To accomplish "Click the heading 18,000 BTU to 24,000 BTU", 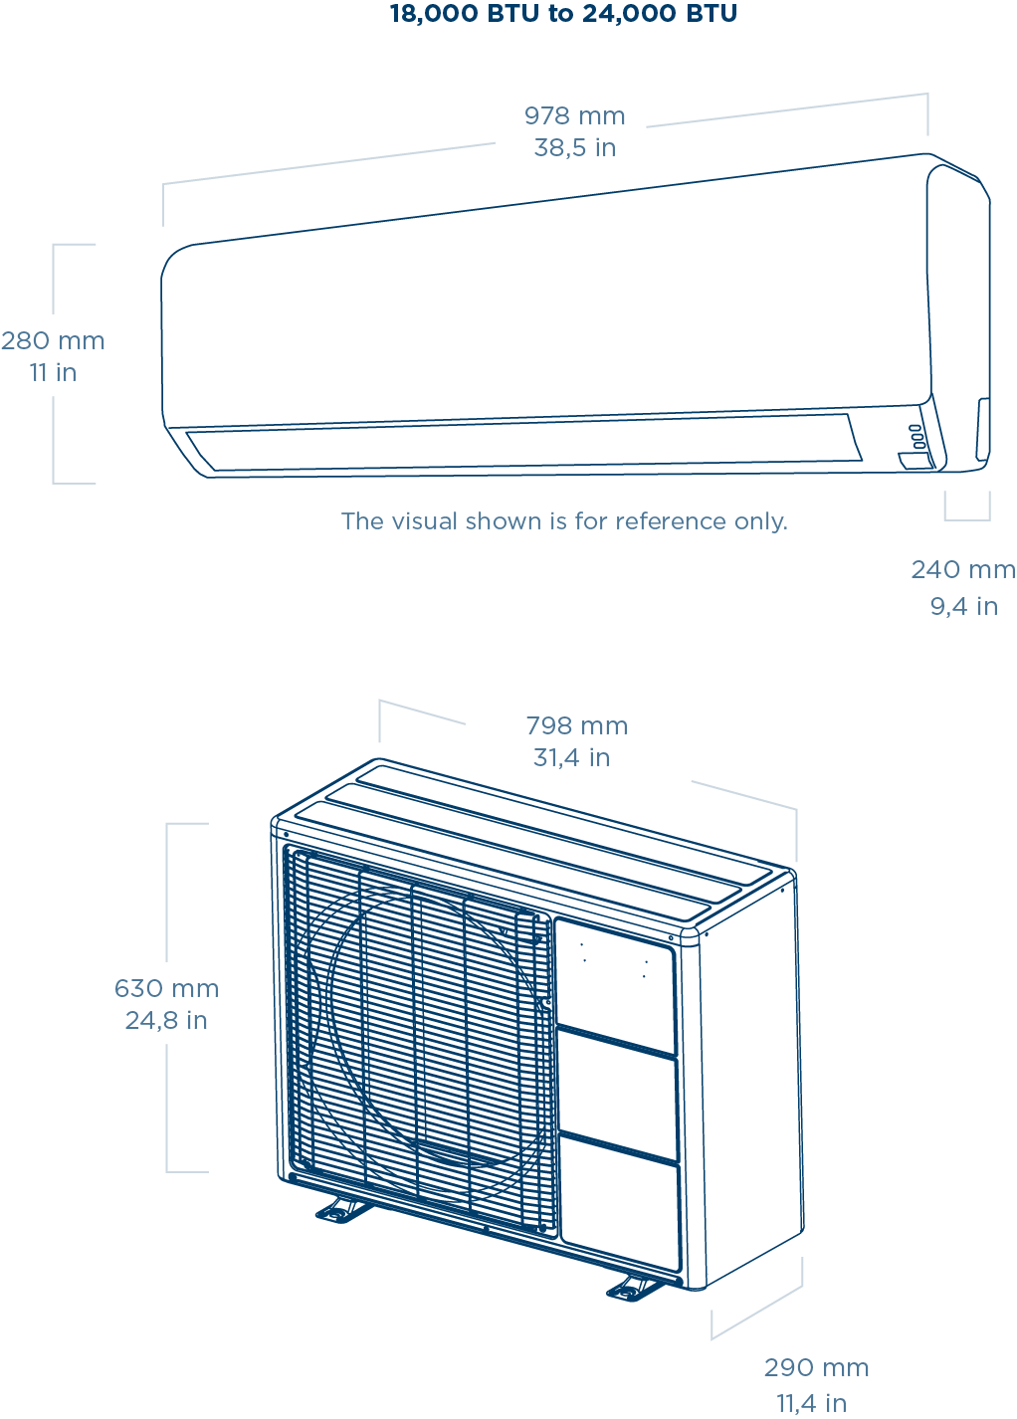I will point(563,14).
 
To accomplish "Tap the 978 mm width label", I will point(575,116).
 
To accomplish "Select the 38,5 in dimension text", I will point(575,148).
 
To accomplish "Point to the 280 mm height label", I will point(53,341).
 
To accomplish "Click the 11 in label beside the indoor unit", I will point(53,373).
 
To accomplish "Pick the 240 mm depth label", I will point(962,570).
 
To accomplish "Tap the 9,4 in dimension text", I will point(963,606).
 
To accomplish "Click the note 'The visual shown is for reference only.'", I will point(564,521).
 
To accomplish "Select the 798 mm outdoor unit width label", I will point(576,726).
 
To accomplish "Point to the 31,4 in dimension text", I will point(571,758).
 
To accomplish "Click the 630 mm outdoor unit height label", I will point(166,989).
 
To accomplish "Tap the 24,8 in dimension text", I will point(166,1021).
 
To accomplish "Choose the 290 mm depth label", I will point(816,1368).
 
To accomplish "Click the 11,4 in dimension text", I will point(811,1403).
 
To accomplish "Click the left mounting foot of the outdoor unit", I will point(342,1210).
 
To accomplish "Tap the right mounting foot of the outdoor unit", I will point(634,1289).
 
